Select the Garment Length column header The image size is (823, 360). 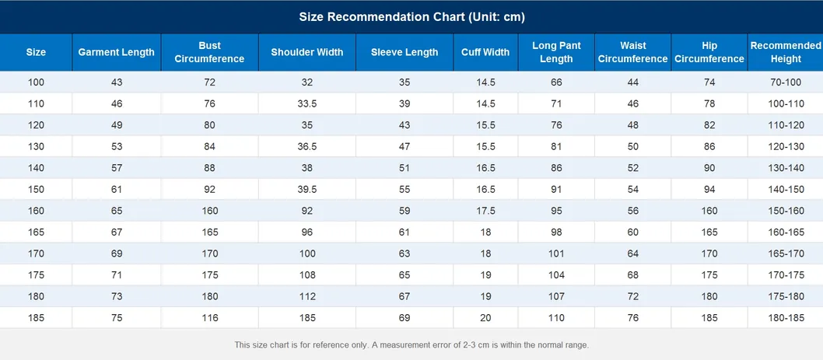tap(117, 52)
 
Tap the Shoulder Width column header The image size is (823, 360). tap(307, 52)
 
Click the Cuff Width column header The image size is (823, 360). tap(485, 52)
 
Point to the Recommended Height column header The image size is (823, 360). tap(786, 52)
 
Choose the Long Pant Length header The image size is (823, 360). tap(556, 52)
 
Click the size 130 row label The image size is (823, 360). tap(37, 146)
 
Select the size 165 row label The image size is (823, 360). tap(37, 232)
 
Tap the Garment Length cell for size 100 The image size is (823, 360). tap(117, 82)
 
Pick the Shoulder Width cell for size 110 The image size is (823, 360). tap(307, 104)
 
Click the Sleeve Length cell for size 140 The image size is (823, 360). tap(404, 168)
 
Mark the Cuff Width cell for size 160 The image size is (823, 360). tap(485, 211)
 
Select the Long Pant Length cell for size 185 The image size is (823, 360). tap(556, 318)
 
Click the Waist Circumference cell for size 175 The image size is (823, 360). tap(633, 275)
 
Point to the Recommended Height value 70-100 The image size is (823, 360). tap(786, 82)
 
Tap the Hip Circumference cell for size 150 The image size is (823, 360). tap(709, 190)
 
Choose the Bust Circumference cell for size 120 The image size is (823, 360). tap(209, 125)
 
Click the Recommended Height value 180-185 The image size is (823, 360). tap(786, 318)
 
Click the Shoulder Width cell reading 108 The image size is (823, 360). tap(307, 275)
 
